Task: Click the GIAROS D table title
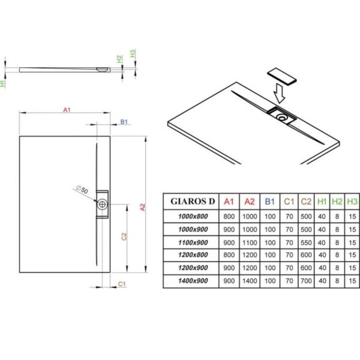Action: pos(193,202)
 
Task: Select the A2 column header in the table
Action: pos(250,202)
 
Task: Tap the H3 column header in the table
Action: pos(352,202)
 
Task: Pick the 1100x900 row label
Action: pos(193,242)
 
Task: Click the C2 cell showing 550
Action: pos(306,242)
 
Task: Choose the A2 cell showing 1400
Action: pos(250,281)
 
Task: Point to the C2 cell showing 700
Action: pos(306,281)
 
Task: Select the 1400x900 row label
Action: pos(193,281)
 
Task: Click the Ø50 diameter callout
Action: pos(82,190)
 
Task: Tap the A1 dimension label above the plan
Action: pos(67,110)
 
